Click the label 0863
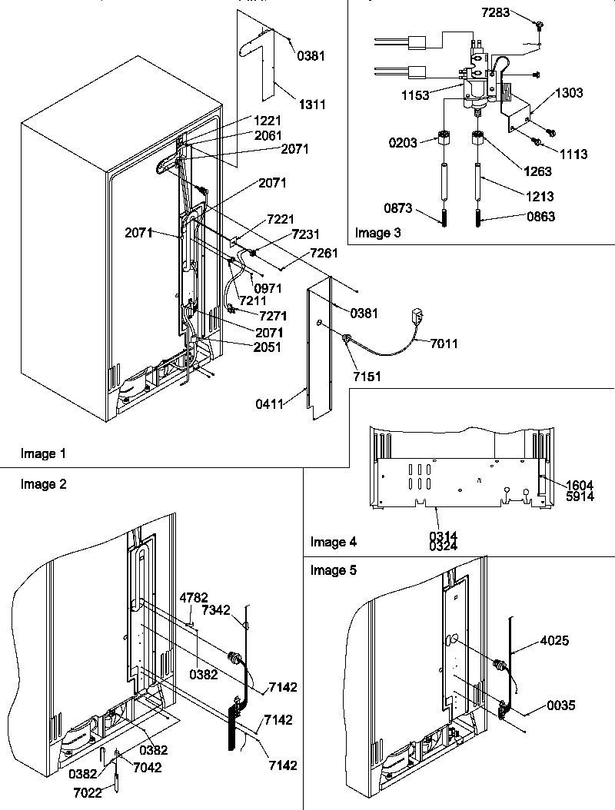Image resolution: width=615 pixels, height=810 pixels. coord(520,217)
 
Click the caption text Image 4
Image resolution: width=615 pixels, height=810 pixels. coord(333,542)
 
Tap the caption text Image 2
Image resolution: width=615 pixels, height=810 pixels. coord(43,483)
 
